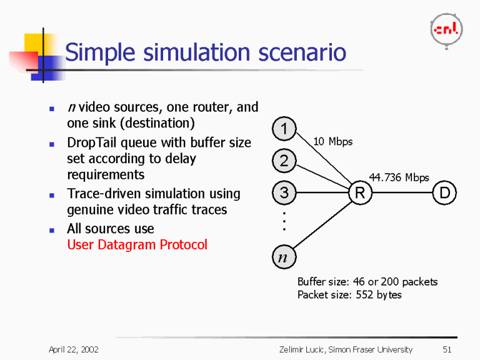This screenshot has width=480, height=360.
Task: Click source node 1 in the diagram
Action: pos(284,130)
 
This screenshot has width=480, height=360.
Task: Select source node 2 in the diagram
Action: pos(284,161)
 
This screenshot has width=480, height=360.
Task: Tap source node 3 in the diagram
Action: pos(284,193)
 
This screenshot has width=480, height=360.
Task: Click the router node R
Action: pos(360,194)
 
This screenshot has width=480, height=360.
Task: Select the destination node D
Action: pos(444,194)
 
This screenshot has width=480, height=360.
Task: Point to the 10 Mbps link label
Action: pos(332,142)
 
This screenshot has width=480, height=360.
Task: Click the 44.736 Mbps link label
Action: pos(399,177)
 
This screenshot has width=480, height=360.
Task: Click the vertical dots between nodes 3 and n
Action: pos(284,221)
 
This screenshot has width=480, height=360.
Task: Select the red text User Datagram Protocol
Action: pos(137,245)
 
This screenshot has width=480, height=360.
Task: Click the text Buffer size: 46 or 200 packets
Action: pos(367,282)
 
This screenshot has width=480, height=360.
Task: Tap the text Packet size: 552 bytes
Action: pos(349,294)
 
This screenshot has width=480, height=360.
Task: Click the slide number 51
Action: pos(446,349)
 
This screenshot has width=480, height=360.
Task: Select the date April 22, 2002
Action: pos(74,349)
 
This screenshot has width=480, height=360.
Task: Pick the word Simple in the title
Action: pos(101,52)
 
